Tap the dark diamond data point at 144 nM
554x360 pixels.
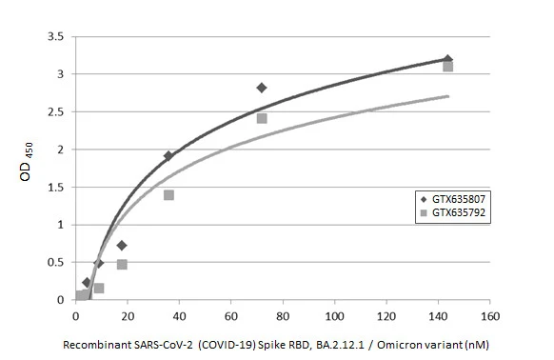448,59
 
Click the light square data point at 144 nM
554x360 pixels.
447,67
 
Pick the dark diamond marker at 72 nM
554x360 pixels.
262,88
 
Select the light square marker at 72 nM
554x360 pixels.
262,118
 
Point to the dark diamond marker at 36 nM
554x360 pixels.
168,156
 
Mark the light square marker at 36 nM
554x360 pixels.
168,195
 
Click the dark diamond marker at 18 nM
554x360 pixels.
122,245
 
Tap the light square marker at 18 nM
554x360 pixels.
122,265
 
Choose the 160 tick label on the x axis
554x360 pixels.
489,315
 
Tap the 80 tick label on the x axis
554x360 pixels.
283,315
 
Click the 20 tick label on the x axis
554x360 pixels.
128,315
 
